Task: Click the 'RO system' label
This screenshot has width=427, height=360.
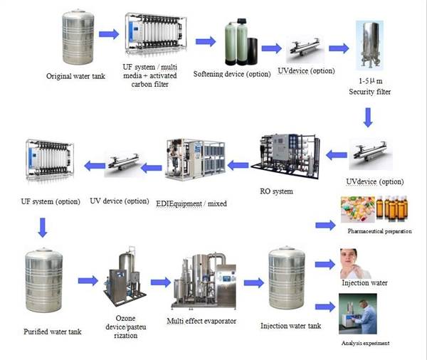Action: coord(285,191)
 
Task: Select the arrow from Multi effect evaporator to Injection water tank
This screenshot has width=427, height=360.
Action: coord(253,282)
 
